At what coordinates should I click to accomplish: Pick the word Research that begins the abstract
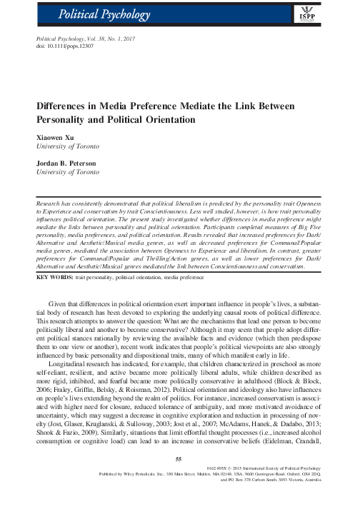click(51, 203)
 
